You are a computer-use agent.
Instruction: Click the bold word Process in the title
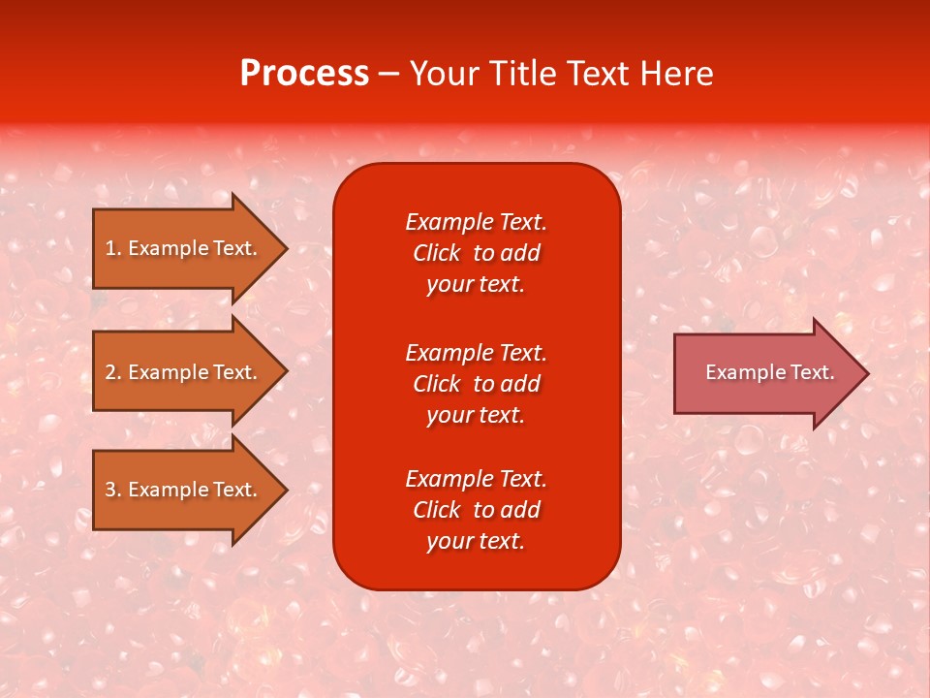304,74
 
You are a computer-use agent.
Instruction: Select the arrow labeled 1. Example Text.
184,248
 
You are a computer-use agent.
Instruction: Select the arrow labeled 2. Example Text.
184,372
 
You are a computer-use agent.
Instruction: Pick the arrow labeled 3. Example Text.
184,490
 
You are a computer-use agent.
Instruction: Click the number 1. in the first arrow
113,248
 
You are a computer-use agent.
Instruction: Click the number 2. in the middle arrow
113,372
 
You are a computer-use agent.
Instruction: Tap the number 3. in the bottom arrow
113,490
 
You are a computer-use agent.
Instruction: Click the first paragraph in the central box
476,253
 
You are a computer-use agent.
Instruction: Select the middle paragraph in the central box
476,384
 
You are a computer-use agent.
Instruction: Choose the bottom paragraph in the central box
476,510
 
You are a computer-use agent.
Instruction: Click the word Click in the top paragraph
436,253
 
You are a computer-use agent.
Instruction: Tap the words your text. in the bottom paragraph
476,541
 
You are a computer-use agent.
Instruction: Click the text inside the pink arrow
769,372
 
